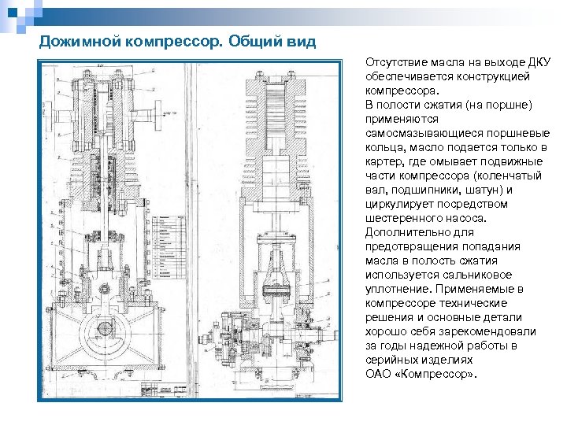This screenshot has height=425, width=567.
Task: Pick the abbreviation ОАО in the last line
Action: (377, 374)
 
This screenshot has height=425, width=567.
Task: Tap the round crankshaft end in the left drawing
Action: (106, 328)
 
